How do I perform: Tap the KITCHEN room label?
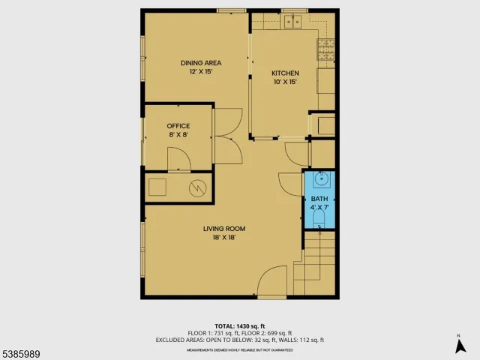point(286,73)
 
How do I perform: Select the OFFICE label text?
point(178,126)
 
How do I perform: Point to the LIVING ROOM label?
point(224,229)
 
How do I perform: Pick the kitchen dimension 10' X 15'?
point(286,82)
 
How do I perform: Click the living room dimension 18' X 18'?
point(224,238)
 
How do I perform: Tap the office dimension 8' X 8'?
point(178,135)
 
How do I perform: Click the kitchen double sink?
point(292,21)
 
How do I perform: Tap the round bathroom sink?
point(320,180)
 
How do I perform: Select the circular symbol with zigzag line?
point(198,187)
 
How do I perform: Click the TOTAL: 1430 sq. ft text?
point(239,325)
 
